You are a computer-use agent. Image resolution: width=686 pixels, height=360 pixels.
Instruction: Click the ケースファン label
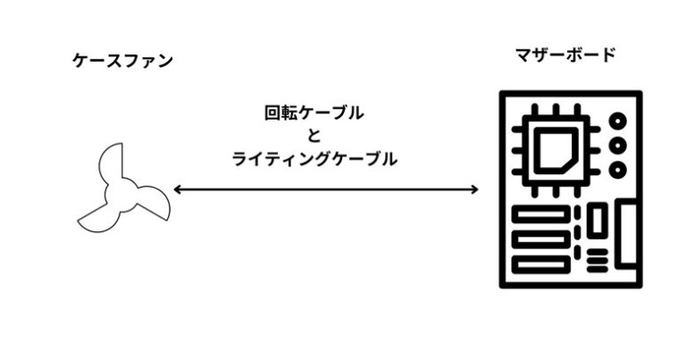point(123,61)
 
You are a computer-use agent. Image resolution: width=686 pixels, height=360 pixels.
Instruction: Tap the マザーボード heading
point(565,55)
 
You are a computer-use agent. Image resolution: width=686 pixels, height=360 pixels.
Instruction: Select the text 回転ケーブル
point(314,113)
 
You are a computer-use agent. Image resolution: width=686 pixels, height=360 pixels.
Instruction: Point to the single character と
point(314,136)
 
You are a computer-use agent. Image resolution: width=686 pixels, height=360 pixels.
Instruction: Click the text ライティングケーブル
point(314,159)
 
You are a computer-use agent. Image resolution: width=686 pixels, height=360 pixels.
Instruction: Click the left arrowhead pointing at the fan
point(177,189)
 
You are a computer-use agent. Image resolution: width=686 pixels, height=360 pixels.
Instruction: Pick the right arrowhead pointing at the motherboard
point(474,189)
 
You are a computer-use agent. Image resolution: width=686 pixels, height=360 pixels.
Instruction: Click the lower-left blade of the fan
point(97,219)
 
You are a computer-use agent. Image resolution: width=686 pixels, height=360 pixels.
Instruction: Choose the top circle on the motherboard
point(618,121)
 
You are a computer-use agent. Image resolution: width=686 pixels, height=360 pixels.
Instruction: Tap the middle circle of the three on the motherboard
point(618,146)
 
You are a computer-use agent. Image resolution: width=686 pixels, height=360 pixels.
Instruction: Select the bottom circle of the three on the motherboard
point(618,170)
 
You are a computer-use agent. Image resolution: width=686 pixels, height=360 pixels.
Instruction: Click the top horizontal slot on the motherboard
point(541,214)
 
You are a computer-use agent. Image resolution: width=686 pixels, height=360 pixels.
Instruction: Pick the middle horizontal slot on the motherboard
point(541,239)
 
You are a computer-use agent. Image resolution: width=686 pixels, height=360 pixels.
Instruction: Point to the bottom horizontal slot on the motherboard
point(541,264)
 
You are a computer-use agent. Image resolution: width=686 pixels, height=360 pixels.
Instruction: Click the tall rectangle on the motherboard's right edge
point(627,233)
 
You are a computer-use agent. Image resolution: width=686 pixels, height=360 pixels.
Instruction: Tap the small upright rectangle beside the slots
point(598,221)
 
